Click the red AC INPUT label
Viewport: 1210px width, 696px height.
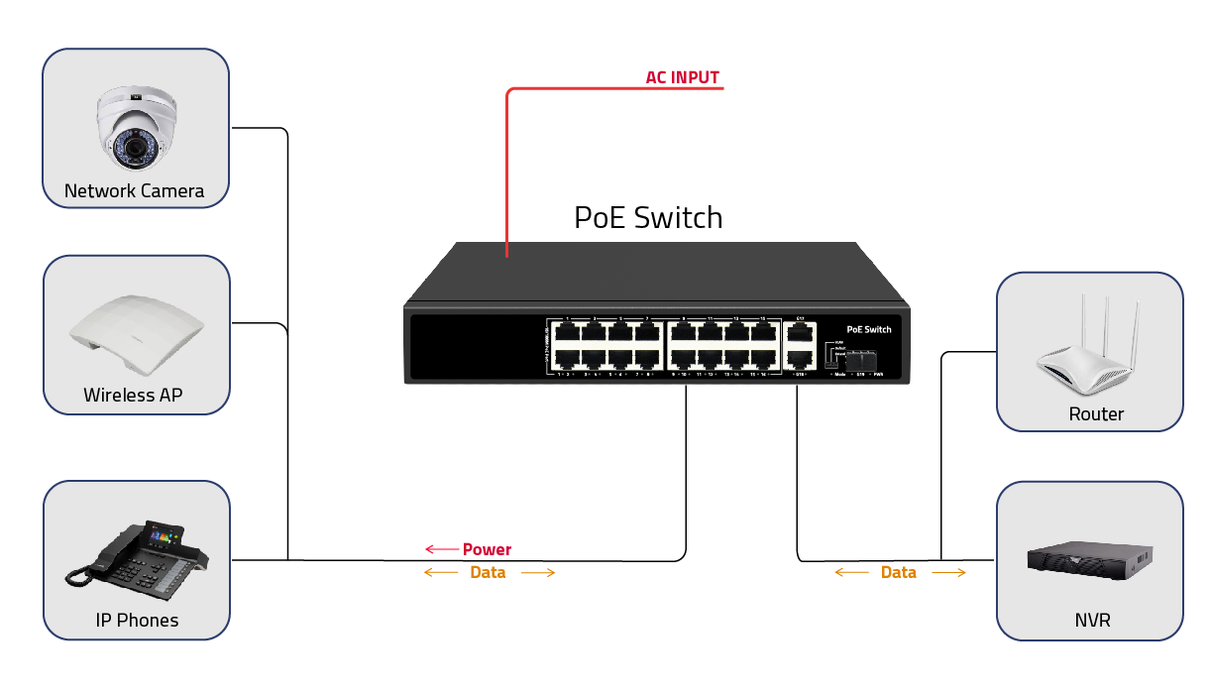click(x=682, y=77)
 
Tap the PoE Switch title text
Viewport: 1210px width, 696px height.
click(x=648, y=217)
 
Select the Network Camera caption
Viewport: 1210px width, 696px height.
click(x=134, y=190)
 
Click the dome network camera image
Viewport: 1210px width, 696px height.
click(x=136, y=129)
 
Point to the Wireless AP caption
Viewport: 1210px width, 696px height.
click(x=133, y=395)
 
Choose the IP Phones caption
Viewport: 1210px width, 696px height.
click(x=137, y=620)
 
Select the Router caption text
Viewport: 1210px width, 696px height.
click(x=1096, y=413)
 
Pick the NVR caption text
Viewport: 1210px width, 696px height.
click(x=1092, y=621)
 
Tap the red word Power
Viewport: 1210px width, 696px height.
click(x=487, y=549)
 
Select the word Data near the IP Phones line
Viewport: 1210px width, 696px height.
click(x=488, y=572)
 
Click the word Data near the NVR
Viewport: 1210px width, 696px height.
click(x=899, y=572)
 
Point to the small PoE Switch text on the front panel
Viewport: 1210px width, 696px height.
click(x=868, y=329)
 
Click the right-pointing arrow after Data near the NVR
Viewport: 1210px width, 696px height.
click(x=948, y=572)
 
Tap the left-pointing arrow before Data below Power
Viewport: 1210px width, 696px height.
click(x=440, y=572)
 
